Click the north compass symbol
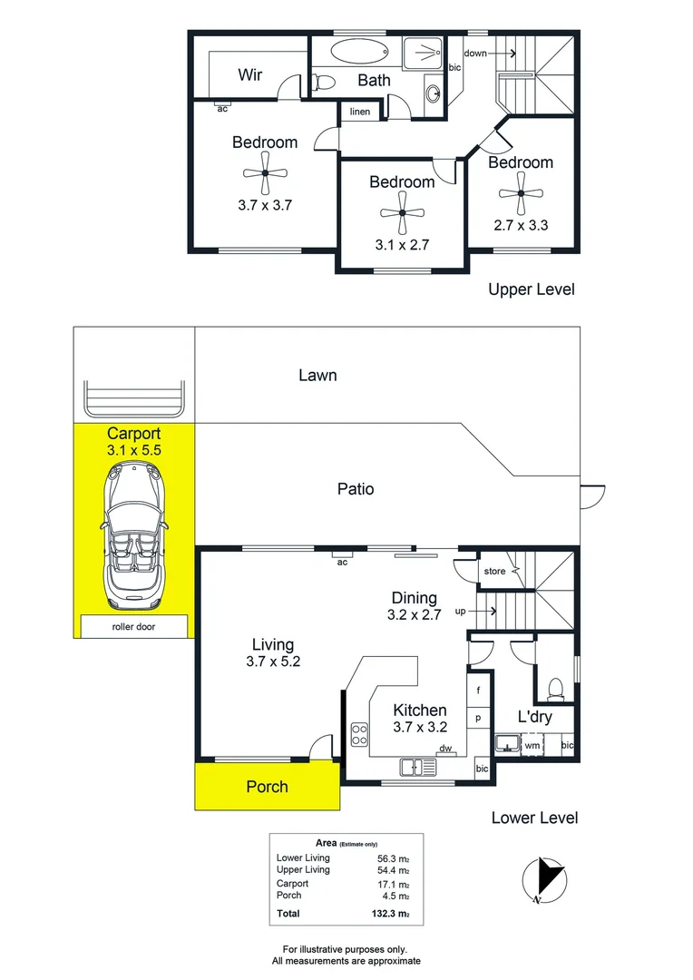point(544,880)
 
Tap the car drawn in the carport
point(134,535)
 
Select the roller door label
point(133,626)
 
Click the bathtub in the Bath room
point(359,51)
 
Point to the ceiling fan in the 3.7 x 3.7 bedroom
point(265,173)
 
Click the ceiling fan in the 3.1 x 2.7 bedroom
point(402,213)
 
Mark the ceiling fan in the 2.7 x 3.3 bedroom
point(521,194)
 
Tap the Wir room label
point(250,74)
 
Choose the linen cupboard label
point(360,112)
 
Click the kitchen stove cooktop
point(359,734)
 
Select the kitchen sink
point(418,767)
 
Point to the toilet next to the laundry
point(555,689)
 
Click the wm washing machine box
point(532,745)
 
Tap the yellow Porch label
point(267,786)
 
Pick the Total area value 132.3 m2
point(391,914)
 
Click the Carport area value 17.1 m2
point(393,885)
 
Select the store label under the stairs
point(494,572)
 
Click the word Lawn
point(317,375)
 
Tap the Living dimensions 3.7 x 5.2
point(273,661)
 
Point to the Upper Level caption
point(532,289)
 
